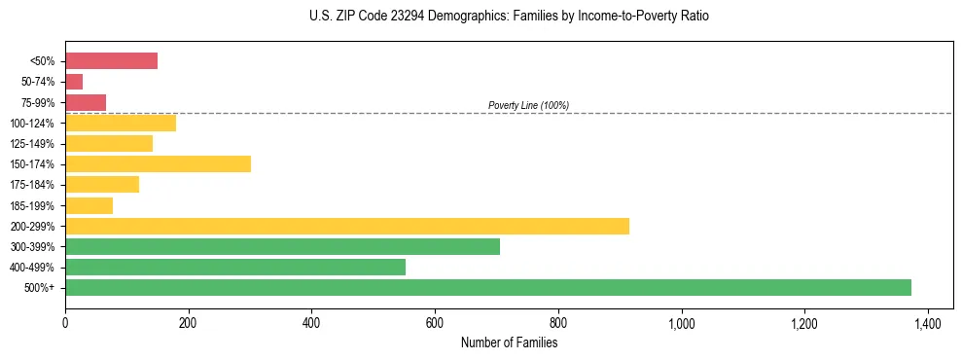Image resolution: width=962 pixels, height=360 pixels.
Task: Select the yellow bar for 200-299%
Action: point(347,226)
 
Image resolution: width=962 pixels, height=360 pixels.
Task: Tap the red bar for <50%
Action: point(111,60)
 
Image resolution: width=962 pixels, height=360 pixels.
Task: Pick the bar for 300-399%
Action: point(282,246)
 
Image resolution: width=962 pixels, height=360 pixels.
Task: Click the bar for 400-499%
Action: point(235,267)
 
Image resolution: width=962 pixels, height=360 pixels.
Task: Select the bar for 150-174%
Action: point(158,163)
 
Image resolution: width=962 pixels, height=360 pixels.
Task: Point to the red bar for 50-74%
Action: point(74,81)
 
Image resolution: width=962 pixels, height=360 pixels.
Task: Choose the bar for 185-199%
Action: point(89,205)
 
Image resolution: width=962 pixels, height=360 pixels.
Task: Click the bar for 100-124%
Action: point(121,123)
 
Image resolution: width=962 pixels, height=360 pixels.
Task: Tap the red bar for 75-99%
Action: point(86,102)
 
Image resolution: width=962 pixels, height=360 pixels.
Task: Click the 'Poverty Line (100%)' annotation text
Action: point(528,105)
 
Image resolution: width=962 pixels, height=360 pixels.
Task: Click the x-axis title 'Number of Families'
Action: point(509,342)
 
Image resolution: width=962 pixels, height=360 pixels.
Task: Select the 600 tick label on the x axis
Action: point(435,322)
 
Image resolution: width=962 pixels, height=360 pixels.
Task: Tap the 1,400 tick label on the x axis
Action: point(927,322)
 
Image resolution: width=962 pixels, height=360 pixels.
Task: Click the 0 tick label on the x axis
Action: point(65,322)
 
